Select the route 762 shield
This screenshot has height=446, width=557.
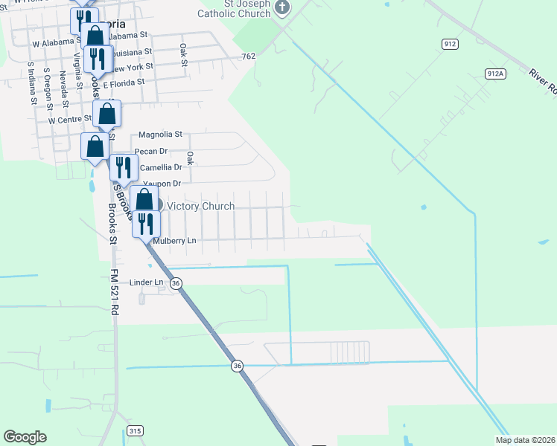click(249, 56)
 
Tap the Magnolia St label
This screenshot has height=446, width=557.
click(161, 135)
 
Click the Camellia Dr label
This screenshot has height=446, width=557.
click(161, 167)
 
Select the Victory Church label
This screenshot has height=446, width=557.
click(200, 206)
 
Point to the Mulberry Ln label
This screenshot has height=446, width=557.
click(174, 241)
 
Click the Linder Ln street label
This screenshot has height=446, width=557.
click(146, 282)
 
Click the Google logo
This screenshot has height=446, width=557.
click(25, 437)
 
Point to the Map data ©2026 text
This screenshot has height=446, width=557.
click(526, 440)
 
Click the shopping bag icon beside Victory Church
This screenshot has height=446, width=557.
click(144, 199)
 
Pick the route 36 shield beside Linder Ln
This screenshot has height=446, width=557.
click(176, 283)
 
